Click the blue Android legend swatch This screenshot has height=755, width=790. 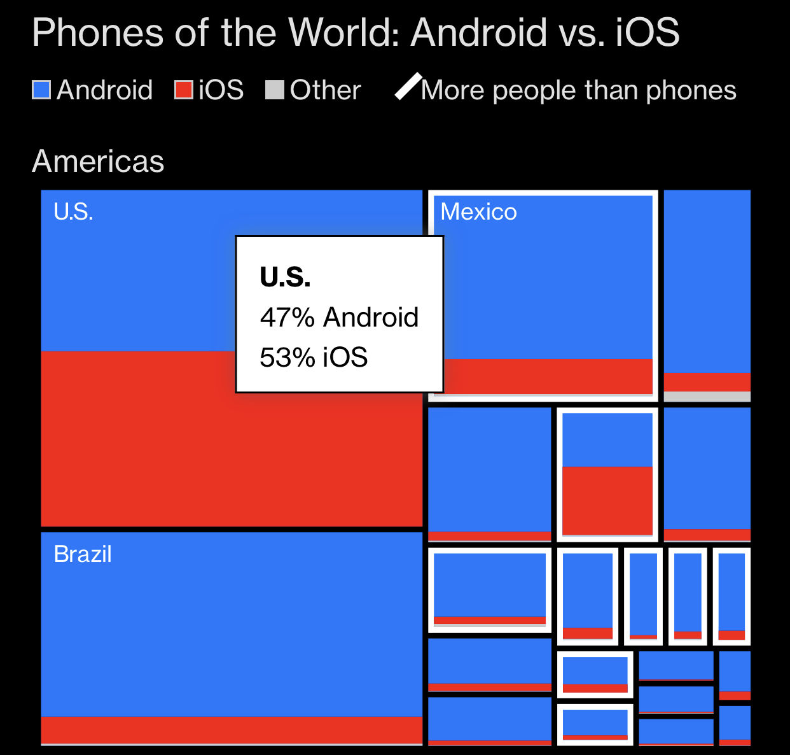(x=41, y=90)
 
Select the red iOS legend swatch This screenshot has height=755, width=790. (x=184, y=90)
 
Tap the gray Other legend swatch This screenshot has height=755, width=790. (x=274, y=90)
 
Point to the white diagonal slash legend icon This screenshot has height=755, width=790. (x=408, y=87)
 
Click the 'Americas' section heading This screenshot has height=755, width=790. (x=98, y=161)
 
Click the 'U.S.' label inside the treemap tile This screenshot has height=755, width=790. (x=74, y=211)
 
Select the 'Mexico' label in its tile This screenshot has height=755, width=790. (x=478, y=211)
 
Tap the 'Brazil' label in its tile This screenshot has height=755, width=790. (x=83, y=554)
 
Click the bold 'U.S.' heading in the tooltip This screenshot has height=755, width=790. (x=285, y=277)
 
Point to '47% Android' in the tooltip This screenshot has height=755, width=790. (x=339, y=317)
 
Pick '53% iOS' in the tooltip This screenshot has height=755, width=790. (x=314, y=357)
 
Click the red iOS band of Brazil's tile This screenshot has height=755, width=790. (x=232, y=729)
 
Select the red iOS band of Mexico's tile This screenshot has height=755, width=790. (x=547, y=376)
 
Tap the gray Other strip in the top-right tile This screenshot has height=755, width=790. (x=707, y=397)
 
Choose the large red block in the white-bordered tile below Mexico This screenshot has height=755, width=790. (x=607, y=500)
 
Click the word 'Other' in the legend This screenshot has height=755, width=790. (x=325, y=90)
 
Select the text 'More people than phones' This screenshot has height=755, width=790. (x=578, y=90)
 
